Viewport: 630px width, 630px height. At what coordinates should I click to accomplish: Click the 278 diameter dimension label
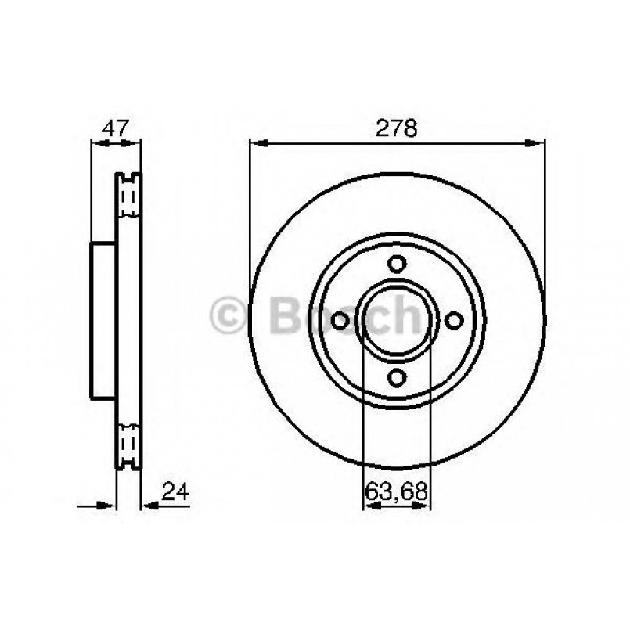pos(397,128)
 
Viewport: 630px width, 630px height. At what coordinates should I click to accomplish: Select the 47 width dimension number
pos(115,128)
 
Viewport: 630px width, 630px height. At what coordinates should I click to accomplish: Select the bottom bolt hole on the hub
pos(398,378)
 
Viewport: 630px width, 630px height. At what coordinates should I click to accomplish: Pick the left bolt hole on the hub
pos(340,321)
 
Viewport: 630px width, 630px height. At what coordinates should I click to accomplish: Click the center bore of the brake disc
pos(398,321)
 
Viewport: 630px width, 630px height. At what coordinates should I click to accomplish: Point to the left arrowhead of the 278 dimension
pos(257,143)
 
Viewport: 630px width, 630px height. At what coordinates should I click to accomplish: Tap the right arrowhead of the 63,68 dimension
pos(423,506)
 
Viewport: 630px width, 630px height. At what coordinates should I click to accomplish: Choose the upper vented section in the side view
pos(128,196)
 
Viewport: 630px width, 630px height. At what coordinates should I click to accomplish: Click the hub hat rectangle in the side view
pos(104,321)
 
